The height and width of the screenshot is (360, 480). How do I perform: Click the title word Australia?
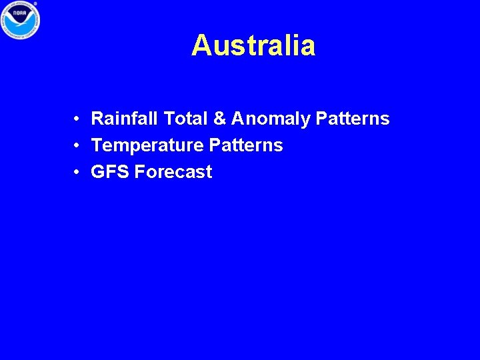tap(253, 46)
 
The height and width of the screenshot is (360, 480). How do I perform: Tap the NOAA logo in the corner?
tap(20, 20)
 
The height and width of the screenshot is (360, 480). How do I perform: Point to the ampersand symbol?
tap(219, 119)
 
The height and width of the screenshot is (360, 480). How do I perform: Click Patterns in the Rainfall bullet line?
tap(353, 119)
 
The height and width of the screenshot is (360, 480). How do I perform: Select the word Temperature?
tap(147, 145)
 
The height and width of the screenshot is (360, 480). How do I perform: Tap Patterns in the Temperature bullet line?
tap(246, 145)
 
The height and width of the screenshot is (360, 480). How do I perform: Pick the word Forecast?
tap(173, 172)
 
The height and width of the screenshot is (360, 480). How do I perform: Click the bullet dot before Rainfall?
tap(78, 119)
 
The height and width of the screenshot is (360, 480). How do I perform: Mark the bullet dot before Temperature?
tap(78, 146)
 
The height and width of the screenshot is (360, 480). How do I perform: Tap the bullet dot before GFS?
tap(78, 173)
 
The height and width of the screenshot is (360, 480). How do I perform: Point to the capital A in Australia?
tap(201, 46)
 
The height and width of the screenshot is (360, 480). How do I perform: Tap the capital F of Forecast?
tap(139, 172)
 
